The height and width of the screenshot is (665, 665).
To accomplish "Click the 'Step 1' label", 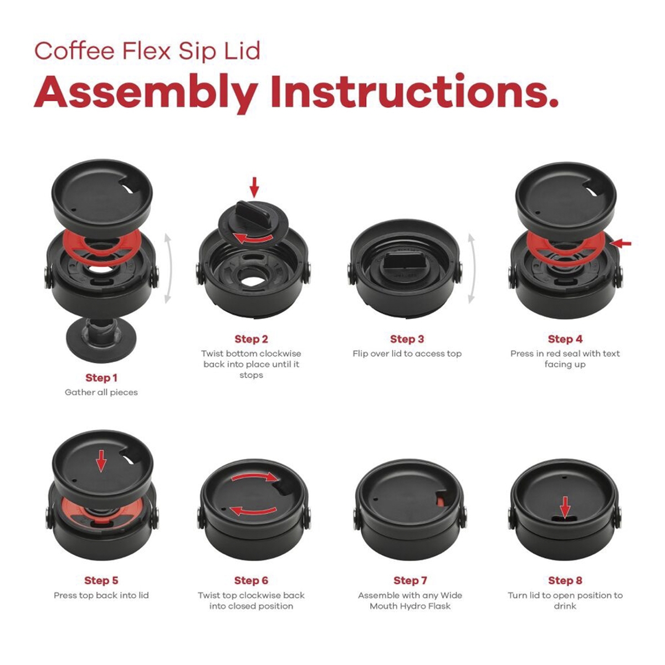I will pos(101,378).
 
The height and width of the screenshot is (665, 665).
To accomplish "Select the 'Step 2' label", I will pos(251,339).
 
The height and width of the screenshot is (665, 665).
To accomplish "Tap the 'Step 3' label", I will pos(407,339).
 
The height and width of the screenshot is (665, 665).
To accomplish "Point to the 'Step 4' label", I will pos(565,339).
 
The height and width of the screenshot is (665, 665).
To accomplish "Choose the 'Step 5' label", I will pos(101,581).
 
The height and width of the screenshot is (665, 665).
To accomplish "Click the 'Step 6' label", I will pos(251,581).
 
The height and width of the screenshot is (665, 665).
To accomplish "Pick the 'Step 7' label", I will pos(410,581).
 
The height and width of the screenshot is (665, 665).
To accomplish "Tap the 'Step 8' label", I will pos(565,581).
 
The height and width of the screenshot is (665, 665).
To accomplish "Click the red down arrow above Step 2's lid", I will pos(254,187).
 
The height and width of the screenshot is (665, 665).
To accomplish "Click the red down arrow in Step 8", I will pos(565,506).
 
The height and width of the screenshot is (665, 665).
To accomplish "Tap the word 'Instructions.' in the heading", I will pos(413,93).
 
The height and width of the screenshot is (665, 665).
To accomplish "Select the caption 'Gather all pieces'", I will pos(101,392).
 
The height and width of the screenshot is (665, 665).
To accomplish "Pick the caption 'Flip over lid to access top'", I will pos(407,354).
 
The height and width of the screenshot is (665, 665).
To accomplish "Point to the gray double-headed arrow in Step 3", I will pos(472,269).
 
